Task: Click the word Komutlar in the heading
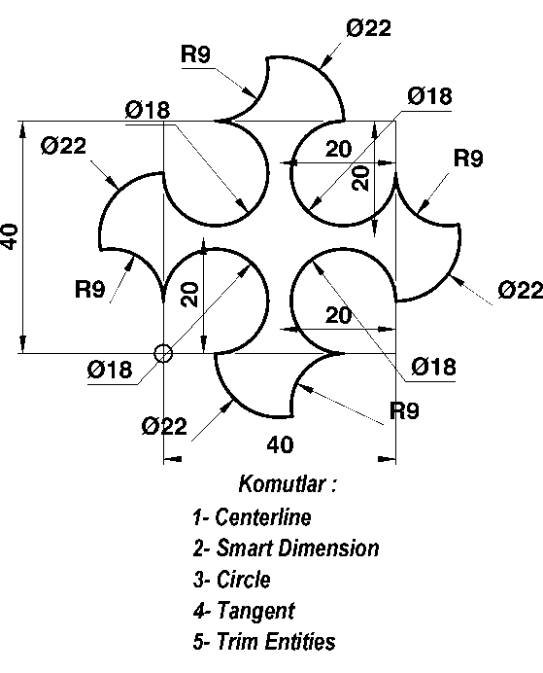(x=281, y=483)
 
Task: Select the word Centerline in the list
(x=262, y=516)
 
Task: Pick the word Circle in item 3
(x=243, y=580)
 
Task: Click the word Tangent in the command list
(x=255, y=611)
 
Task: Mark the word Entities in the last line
(x=300, y=642)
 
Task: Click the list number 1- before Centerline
(x=200, y=517)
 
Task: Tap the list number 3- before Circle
(x=201, y=580)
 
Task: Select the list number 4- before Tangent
(x=201, y=611)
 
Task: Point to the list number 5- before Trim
(x=201, y=642)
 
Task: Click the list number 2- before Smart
(x=201, y=549)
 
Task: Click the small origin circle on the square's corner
(x=163, y=354)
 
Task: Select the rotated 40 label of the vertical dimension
(x=10, y=236)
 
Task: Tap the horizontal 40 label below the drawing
(x=281, y=444)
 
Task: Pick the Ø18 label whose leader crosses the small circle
(x=110, y=370)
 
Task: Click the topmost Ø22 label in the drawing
(x=368, y=29)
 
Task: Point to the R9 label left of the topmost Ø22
(x=195, y=54)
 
